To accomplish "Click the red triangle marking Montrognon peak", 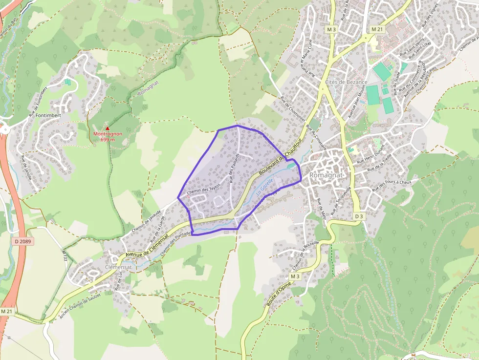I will click(108, 128).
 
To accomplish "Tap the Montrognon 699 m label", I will click(108, 137).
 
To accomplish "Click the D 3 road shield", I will click(359, 216).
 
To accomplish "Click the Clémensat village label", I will click(118, 267).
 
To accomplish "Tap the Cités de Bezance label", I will click(346, 82).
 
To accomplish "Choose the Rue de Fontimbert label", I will click(38, 102).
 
